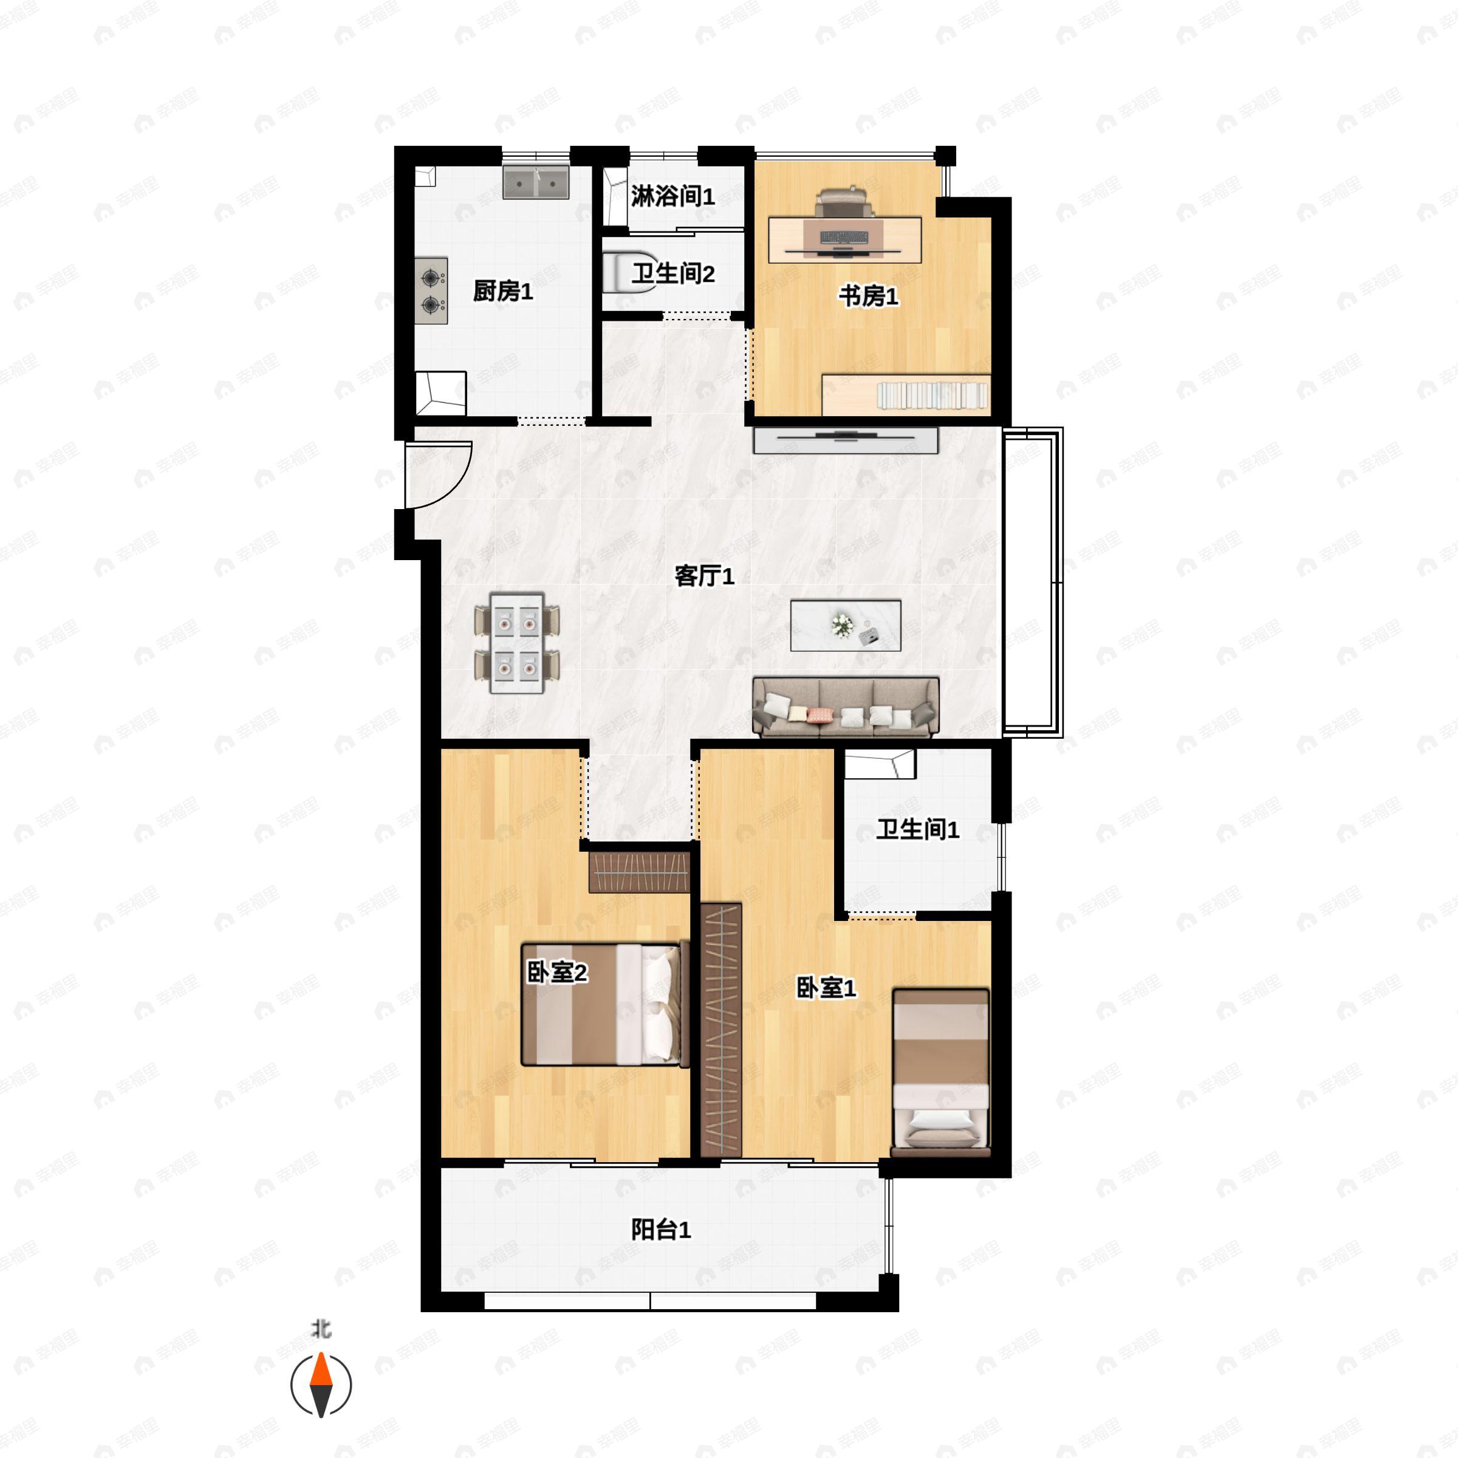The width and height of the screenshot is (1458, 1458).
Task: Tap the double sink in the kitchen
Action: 536,183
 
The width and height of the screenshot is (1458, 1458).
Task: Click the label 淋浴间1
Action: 673,196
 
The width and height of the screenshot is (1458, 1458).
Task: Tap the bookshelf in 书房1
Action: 906,394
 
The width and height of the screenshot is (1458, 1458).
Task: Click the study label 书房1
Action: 869,296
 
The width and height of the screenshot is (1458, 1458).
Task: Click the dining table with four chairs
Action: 517,642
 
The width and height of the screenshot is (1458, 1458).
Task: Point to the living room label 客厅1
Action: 703,576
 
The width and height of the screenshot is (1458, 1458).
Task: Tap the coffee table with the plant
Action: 845,625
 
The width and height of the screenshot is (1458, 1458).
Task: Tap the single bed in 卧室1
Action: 940,1072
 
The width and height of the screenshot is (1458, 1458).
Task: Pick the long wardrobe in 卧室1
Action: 720,1029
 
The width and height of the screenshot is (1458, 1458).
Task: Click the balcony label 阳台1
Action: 661,1230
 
